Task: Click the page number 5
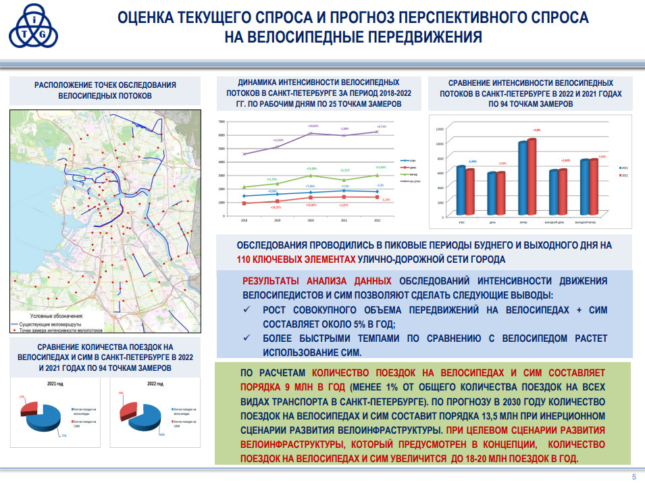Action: [x=634, y=476]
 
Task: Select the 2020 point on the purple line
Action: [x=311, y=133]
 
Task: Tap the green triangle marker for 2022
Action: [x=376, y=175]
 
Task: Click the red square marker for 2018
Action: [x=244, y=203]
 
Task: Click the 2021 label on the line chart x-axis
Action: [x=343, y=220]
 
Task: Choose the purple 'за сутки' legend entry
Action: [x=411, y=181]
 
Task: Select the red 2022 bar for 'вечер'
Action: [x=532, y=179]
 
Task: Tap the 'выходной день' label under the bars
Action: [x=554, y=222]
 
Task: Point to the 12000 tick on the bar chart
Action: [x=439, y=128]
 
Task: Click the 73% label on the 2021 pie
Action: [x=63, y=436]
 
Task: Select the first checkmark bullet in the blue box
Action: [x=247, y=310]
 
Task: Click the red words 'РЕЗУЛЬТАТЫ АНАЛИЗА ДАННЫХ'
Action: [x=317, y=280]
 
